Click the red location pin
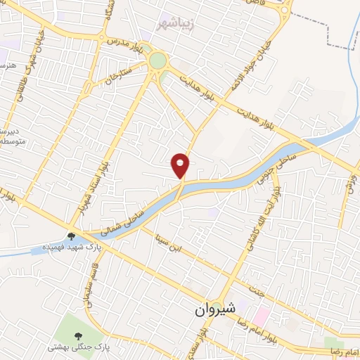(x=181, y=165)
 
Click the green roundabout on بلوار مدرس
(x=157, y=60)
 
